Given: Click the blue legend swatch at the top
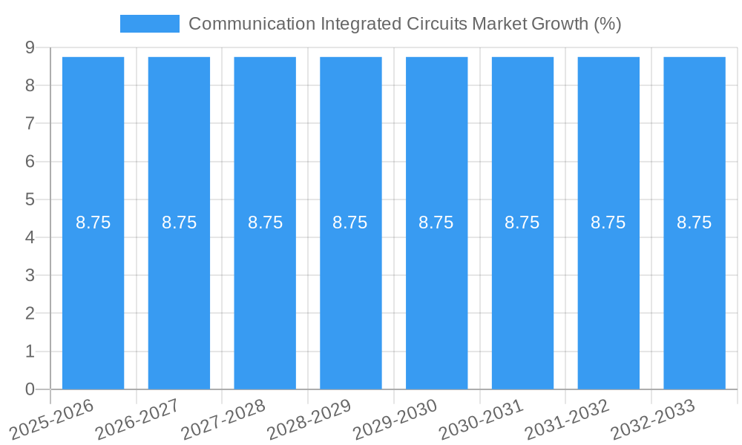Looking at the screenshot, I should (150, 24).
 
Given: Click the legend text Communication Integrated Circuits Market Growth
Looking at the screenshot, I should (404, 24).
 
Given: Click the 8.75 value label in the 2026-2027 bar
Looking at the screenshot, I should (179, 222).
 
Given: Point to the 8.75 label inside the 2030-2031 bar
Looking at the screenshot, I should (522, 222).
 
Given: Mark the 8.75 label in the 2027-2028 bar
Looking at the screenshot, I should (265, 222).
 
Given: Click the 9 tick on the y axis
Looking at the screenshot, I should (30, 47).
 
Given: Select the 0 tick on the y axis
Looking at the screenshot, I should (30, 389).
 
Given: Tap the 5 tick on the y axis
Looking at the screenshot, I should (30, 200).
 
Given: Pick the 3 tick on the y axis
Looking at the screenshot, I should (30, 275).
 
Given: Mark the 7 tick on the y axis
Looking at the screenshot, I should (30, 123).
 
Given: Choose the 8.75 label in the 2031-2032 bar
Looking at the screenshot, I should (608, 222).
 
